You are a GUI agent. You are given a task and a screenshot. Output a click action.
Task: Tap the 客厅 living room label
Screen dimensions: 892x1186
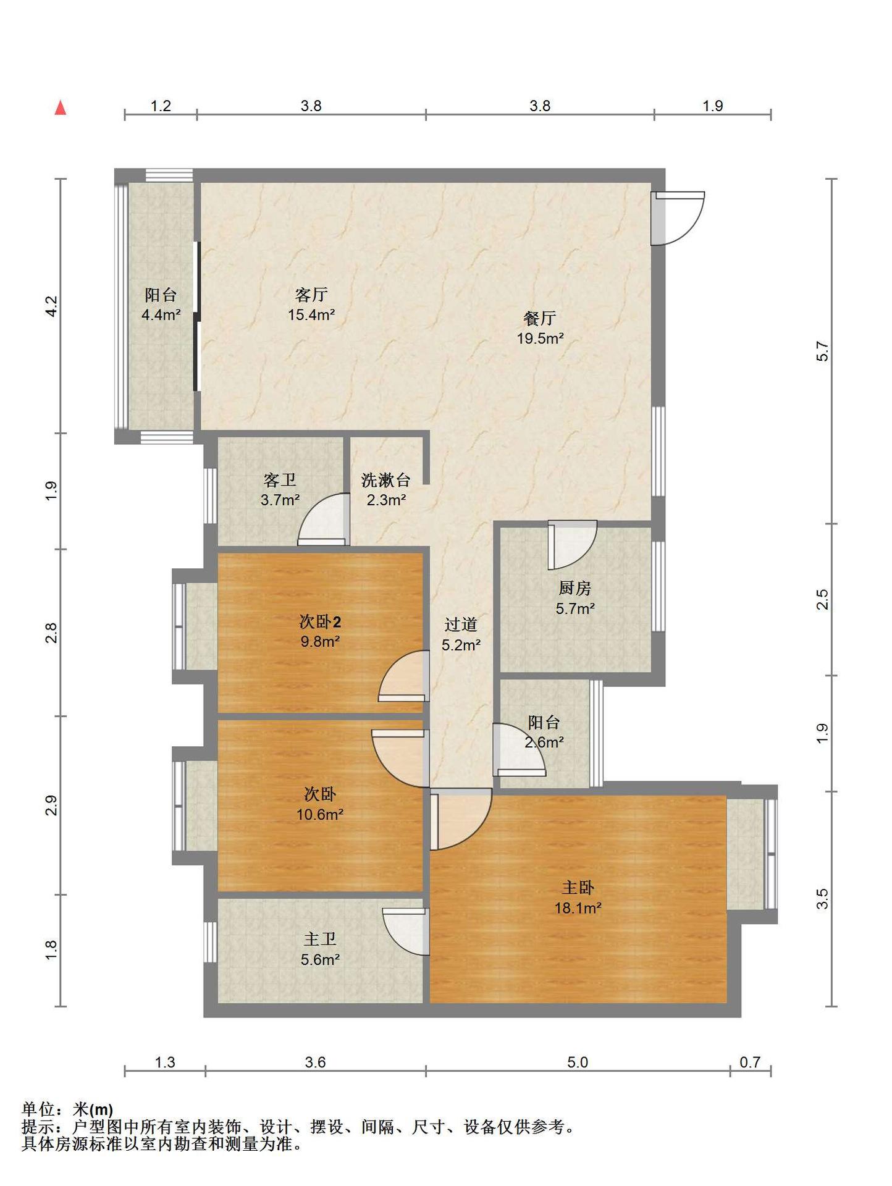pyautogui.click(x=311, y=295)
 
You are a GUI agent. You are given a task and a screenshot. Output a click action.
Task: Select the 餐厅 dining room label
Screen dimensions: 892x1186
pyautogui.click(x=540, y=318)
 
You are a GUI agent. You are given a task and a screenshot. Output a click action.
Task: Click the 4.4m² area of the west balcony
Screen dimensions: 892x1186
pyautogui.click(x=161, y=315)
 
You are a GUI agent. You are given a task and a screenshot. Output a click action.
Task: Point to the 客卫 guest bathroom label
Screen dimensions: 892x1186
pyautogui.click(x=279, y=480)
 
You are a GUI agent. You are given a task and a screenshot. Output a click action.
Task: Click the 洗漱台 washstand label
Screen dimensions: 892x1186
pyautogui.click(x=385, y=480)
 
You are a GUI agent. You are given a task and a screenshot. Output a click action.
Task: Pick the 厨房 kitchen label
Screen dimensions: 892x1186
pyautogui.click(x=574, y=588)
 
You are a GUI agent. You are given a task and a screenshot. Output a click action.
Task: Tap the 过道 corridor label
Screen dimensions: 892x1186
pyautogui.click(x=461, y=625)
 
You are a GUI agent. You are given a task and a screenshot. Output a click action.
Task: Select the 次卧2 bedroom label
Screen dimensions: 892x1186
pyautogui.click(x=320, y=621)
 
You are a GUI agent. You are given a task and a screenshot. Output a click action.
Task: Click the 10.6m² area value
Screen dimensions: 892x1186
pyautogui.click(x=320, y=814)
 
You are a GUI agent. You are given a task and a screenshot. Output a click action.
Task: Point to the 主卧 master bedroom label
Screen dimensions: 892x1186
pyautogui.click(x=578, y=888)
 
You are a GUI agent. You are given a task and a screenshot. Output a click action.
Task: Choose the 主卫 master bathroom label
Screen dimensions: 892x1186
pyautogui.click(x=320, y=939)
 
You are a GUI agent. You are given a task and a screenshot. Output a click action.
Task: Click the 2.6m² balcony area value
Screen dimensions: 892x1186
pyautogui.click(x=544, y=742)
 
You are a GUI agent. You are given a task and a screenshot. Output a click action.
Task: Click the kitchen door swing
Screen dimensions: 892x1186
pyautogui.click(x=572, y=545)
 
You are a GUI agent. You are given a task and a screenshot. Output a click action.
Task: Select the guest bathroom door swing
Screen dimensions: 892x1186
pyautogui.click(x=322, y=519)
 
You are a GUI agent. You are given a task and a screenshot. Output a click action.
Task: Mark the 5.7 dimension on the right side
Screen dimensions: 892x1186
pyautogui.click(x=822, y=351)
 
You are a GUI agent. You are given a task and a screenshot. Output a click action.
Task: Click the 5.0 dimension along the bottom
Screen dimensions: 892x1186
pyautogui.click(x=578, y=1062)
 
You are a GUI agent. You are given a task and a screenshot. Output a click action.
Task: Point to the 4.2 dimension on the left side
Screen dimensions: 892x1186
pyautogui.click(x=52, y=306)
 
